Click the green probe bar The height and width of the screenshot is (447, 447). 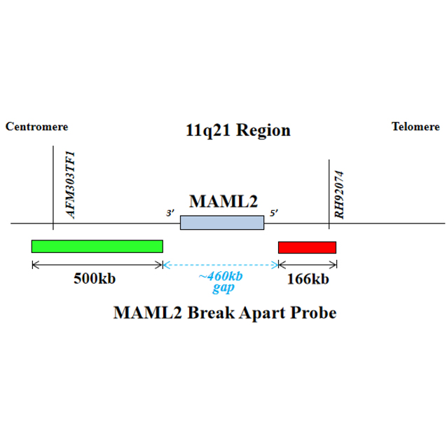[x=97, y=246]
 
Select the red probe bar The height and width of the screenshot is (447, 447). [x=307, y=247]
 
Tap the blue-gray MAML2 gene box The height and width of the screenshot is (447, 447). [x=222, y=223]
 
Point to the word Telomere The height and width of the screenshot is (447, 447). [x=415, y=127]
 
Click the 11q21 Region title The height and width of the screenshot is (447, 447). [x=238, y=130]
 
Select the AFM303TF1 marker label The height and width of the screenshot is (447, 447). [x=70, y=183]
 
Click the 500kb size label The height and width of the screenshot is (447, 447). [x=95, y=279]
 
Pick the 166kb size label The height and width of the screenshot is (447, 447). [x=307, y=279]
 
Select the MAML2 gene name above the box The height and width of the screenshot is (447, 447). [x=224, y=202]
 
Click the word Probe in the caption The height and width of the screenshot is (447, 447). [x=310, y=312]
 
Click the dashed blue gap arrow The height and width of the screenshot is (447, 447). [x=220, y=264]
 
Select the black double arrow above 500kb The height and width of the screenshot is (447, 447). [x=97, y=264]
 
